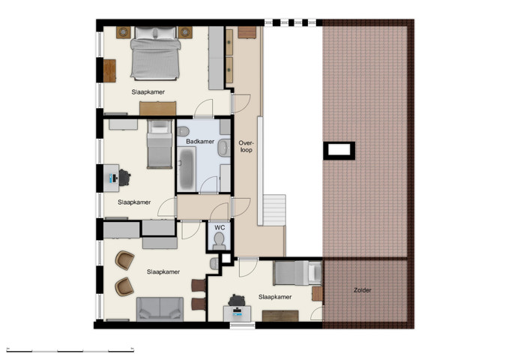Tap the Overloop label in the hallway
coord(246,145)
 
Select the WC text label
coord(220,227)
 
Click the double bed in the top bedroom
coord(155,58)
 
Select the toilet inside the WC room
coord(219,240)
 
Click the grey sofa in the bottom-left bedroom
coord(159,307)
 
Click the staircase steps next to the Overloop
coord(273,209)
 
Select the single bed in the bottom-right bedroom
coord(292,272)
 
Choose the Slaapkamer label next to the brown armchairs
coord(163,271)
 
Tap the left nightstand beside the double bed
coord(122,32)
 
